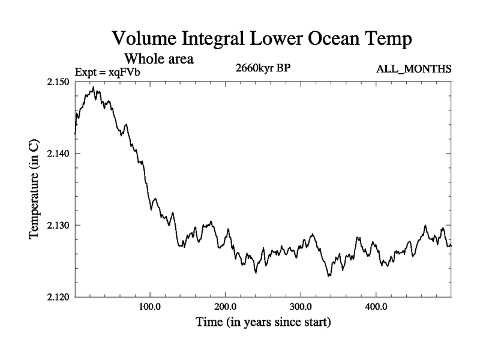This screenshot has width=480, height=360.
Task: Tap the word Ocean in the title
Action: point(317,40)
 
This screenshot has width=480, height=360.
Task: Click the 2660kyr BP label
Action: point(264,68)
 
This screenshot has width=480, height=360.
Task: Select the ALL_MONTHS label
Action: point(413,69)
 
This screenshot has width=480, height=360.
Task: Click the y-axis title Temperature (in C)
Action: point(34,190)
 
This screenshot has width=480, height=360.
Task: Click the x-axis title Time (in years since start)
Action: point(263,322)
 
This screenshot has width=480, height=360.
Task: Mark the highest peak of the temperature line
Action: point(93,88)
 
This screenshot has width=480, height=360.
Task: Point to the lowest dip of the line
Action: point(329,275)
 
